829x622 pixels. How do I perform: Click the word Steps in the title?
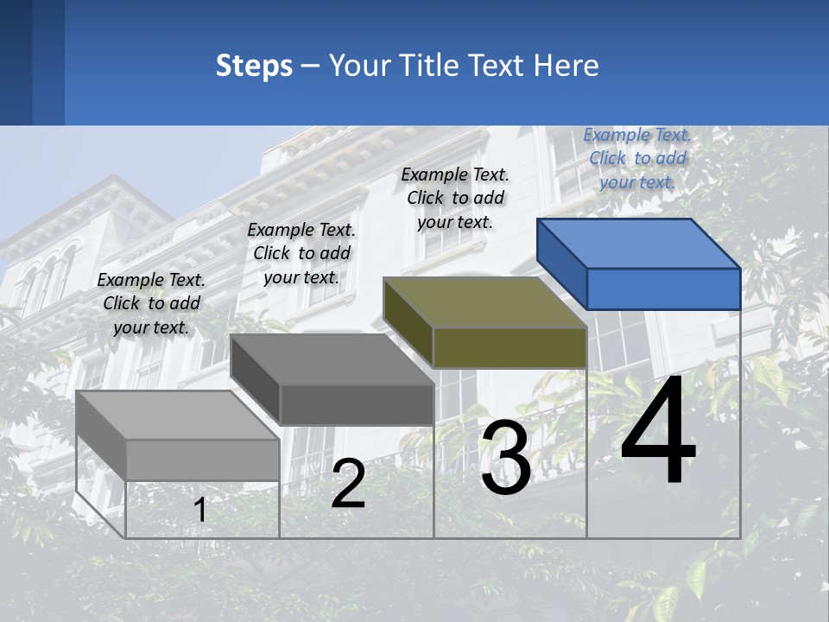coord(254,66)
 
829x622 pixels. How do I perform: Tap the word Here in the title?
coord(566,66)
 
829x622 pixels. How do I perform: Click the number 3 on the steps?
coord(506,458)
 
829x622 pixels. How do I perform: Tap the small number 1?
coord(200,510)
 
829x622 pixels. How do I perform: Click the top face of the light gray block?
coord(178,416)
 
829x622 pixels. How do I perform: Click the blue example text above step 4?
coord(637,158)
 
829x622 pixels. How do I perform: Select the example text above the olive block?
coord(455,198)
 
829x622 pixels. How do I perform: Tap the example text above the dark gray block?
coord(301,253)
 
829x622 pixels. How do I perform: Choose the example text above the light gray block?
coord(151,303)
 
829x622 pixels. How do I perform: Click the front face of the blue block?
coord(663,289)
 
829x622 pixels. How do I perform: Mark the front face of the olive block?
coord(509,347)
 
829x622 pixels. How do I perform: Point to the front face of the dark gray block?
coord(357,404)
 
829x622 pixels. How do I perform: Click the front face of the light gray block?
coord(203,460)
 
